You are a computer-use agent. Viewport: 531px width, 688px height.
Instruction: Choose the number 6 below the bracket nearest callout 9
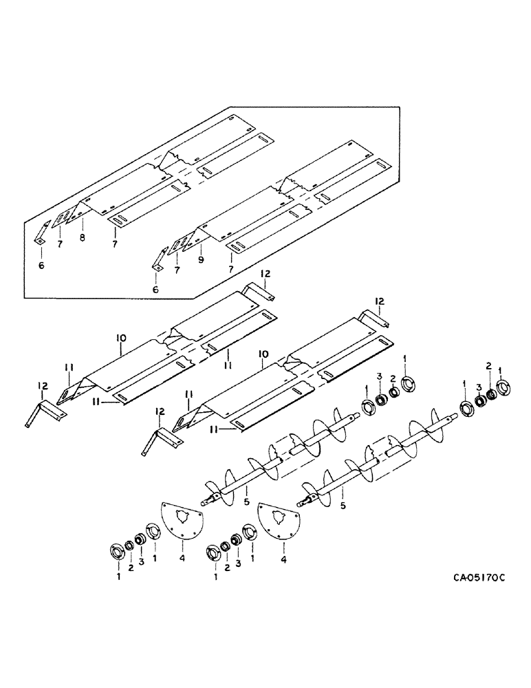tap(155, 290)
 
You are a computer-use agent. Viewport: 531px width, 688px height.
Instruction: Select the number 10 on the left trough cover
tap(121, 337)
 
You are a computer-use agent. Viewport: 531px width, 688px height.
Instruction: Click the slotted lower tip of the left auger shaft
tap(206, 501)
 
